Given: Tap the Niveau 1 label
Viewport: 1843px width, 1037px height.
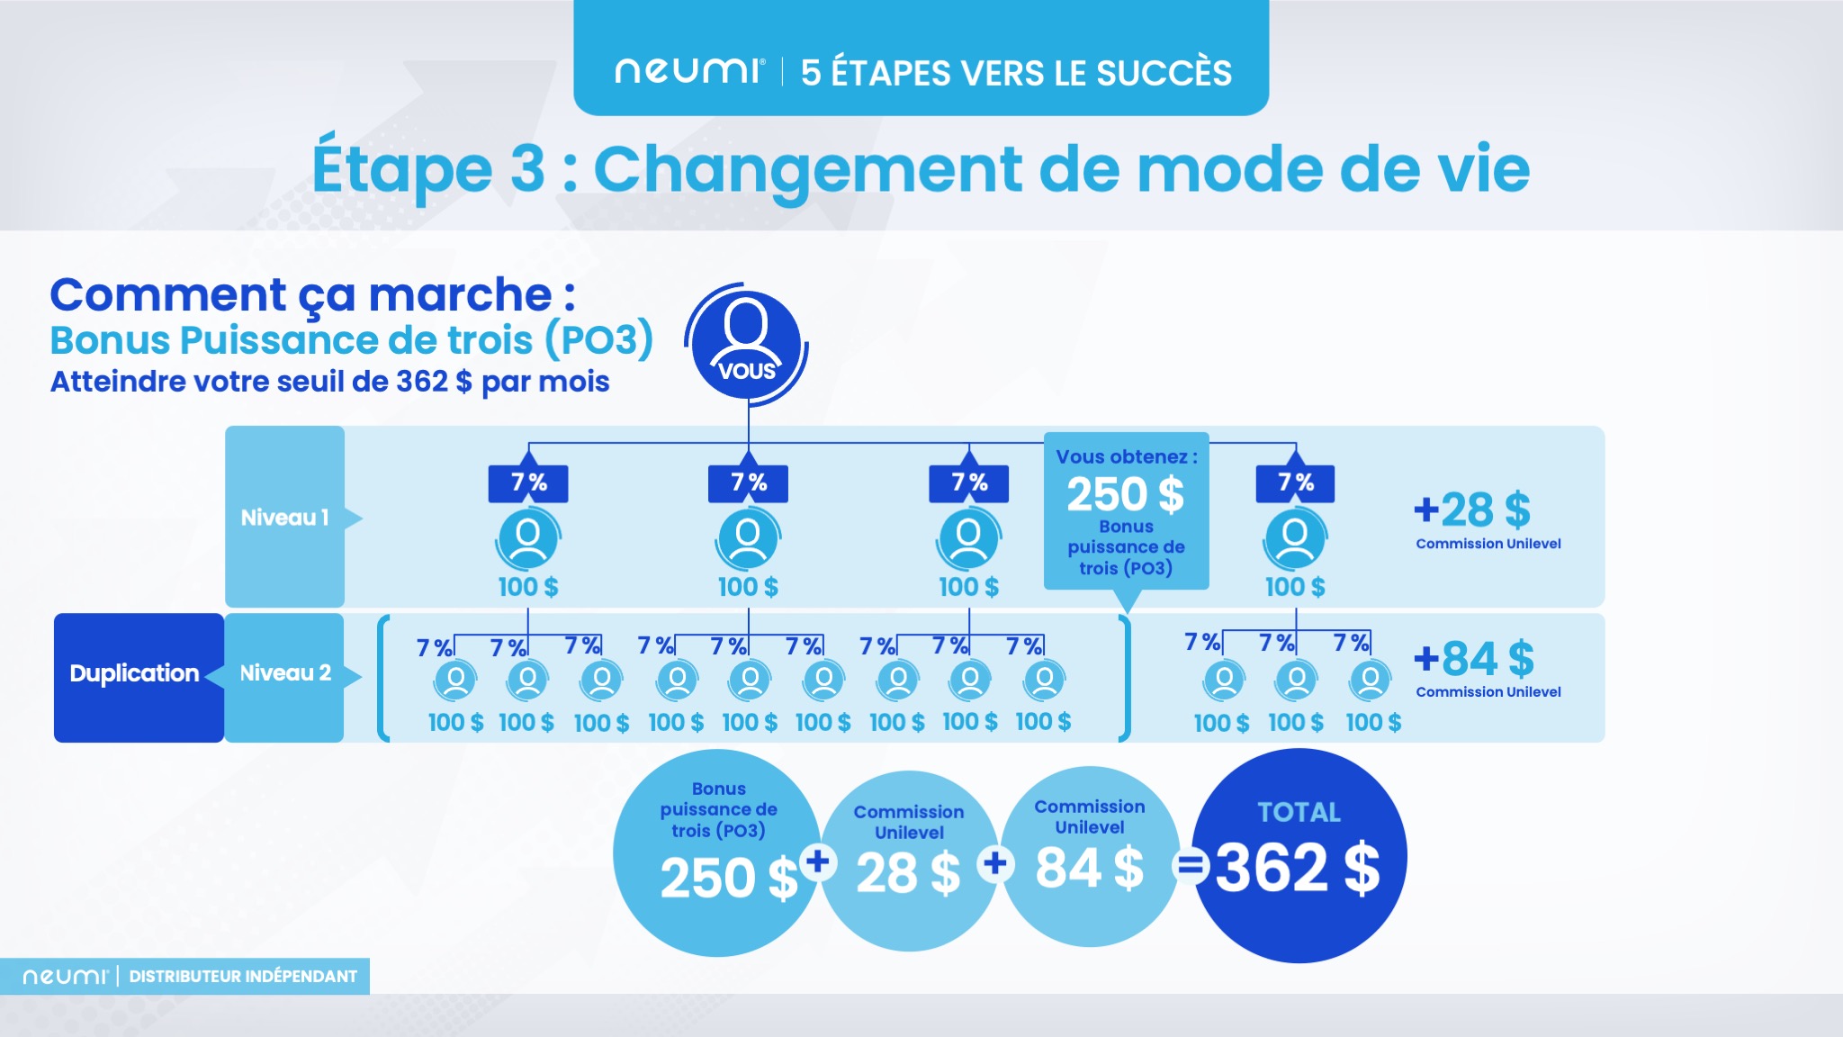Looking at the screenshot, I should pyautogui.click(x=284, y=518).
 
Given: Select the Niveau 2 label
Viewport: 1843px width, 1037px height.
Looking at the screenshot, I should pyautogui.click(x=284, y=673).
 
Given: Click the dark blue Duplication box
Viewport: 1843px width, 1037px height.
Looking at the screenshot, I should pyautogui.click(x=135, y=674).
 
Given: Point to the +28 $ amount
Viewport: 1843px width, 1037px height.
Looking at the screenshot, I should pyautogui.click(x=1472, y=510).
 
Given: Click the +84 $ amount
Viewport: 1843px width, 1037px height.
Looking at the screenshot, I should pyautogui.click(x=1474, y=659).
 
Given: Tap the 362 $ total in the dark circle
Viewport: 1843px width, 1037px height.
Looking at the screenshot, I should pyautogui.click(x=1297, y=869).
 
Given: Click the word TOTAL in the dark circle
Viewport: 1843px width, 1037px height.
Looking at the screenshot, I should pyautogui.click(x=1299, y=812).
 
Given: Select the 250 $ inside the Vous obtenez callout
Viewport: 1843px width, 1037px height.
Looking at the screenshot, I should pyautogui.click(x=1125, y=494).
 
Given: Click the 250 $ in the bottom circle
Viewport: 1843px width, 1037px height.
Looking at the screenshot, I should pyautogui.click(x=728, y=878).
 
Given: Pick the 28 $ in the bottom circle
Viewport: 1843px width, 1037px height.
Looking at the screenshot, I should pyautogui.click(x=907, y=873).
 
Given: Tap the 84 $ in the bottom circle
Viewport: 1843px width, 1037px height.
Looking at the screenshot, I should pyautogui.click(x=1089, y=869).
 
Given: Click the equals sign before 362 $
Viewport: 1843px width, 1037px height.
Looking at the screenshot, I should pyautogui.click(x=1190, y=867).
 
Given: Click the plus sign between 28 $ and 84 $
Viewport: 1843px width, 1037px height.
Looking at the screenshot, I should pyautogui.click(x=995, y=864).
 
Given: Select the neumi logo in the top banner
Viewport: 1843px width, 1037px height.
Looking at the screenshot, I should pyautogui.click(x=688, y=71).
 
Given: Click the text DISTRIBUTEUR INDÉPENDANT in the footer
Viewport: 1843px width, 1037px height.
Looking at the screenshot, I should pyautogui.click(x=243, y=977).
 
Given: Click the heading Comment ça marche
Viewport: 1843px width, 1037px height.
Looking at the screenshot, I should pyautogui.click(x=311, y=295).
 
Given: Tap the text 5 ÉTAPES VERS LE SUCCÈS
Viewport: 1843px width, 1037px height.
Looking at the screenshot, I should pyautogui.click(x=1016, y=73).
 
